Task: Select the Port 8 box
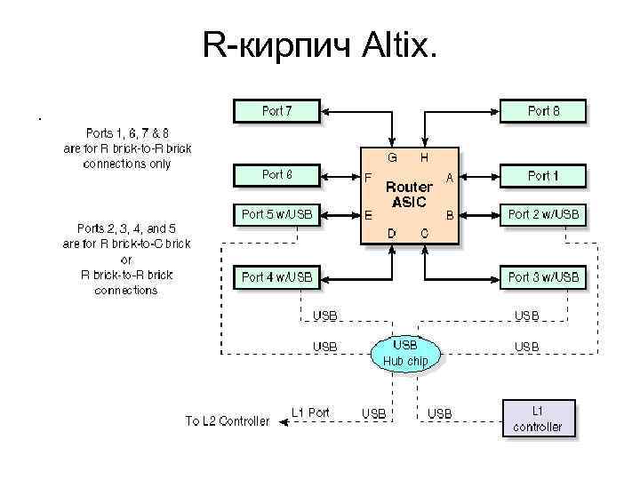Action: pos(543,111)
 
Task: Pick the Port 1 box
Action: pos(543,176)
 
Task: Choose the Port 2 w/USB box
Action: pos(543,214)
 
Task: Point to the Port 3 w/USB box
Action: pos(543,277)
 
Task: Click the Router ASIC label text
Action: pos(408,194)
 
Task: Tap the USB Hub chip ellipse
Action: pos(405,353)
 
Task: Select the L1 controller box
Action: pos(538,419)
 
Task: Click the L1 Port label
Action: pos(310,412)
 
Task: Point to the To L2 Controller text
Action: pos(227,420)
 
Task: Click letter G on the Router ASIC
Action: pos(391,157)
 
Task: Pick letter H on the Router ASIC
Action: pos(424,157)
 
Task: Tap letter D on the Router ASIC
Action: pos(391,232)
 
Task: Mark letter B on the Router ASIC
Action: pos(450,214)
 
